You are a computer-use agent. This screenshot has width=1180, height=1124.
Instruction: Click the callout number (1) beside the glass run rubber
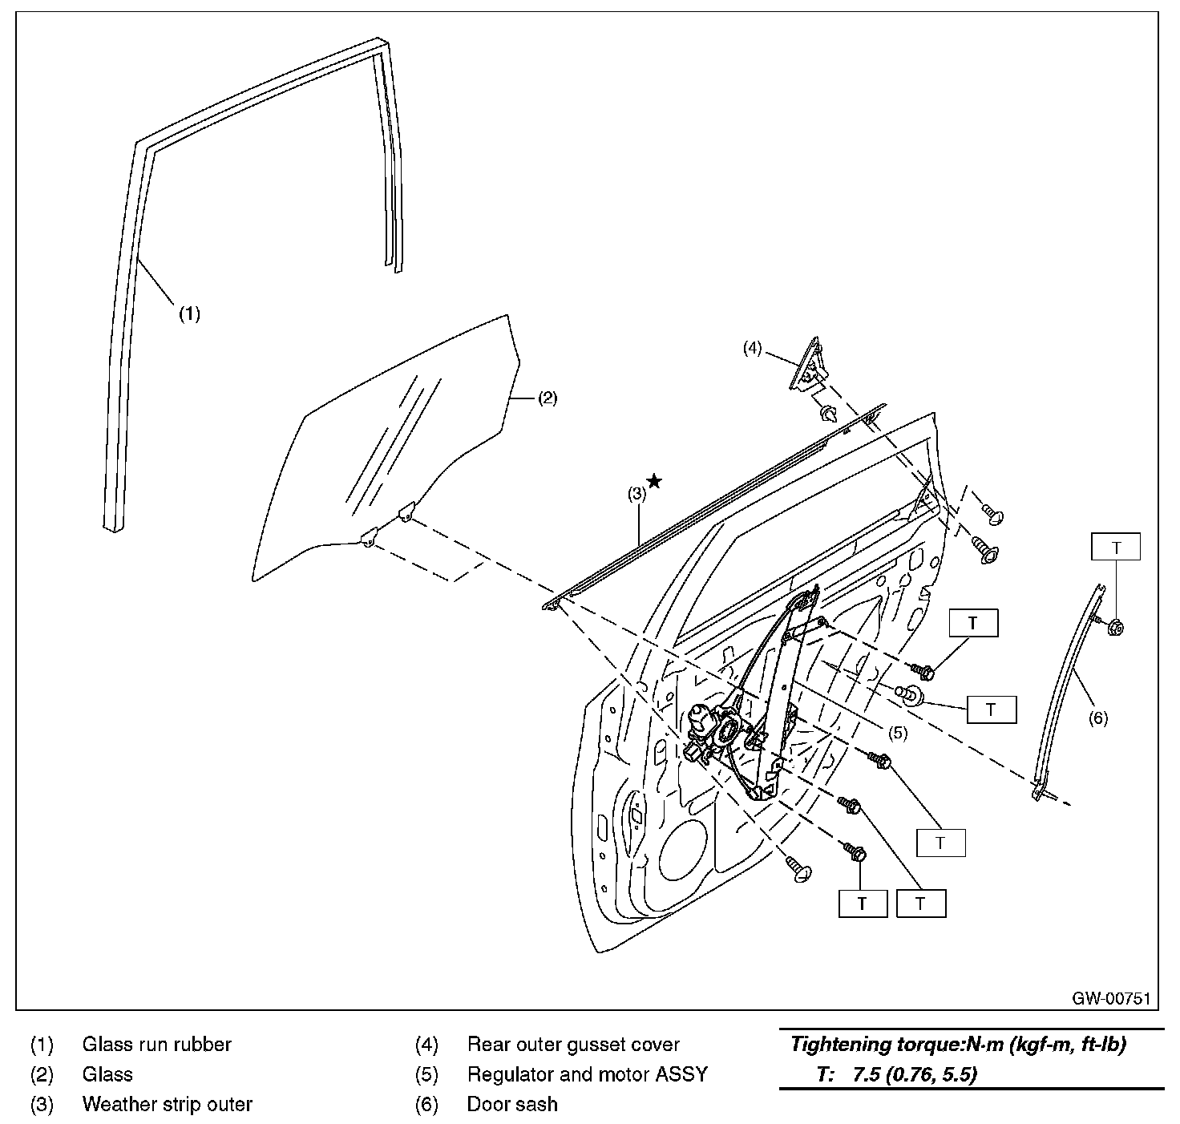pos(188,313)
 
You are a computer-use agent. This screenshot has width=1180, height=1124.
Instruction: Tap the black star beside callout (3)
pos(655,481)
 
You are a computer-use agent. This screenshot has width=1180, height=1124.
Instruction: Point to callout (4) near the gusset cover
pos(751,348)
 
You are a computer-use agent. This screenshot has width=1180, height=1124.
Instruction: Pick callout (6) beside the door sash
pos(1097,718)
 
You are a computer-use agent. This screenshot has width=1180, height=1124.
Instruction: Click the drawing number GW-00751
pos(1112,998)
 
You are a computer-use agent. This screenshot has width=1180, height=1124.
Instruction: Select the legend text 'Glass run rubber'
pos(156,1045)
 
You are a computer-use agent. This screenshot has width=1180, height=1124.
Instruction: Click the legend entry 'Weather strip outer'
pos(167,1104)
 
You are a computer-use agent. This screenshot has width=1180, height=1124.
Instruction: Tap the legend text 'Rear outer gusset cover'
pos(572,1045)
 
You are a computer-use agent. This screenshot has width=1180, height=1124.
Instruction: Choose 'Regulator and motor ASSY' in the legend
pos(587,1074)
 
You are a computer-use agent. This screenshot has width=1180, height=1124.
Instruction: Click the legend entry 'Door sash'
pos(511,1104)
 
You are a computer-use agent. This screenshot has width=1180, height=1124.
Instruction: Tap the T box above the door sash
pos(1115,548)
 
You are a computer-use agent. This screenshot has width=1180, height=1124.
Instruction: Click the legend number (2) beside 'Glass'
pos(42,1074)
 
